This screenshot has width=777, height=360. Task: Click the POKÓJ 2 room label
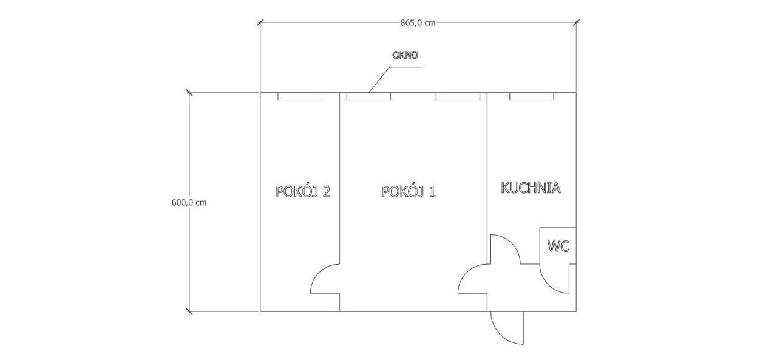(x=303, y=191)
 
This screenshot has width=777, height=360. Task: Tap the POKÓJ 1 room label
(x=409, y=191)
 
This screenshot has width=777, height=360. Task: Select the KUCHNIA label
(x=531, y=188)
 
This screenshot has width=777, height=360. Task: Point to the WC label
(x=558, y=246)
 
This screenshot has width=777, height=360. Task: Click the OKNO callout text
(x=405, y=55)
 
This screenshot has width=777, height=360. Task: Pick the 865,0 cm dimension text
(x=418, y=23)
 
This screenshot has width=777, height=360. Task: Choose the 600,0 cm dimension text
(x=189, y=203)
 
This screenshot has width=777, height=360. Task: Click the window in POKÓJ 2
(x=300, y=97)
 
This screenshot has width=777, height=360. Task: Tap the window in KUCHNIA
(x=531, y=97)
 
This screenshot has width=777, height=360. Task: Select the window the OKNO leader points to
(x=368, y=97)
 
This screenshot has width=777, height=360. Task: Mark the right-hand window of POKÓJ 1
(x=458, y=97)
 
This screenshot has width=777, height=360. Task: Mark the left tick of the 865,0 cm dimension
(x=260, y=23)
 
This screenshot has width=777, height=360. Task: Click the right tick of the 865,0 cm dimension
(x=576, y=23)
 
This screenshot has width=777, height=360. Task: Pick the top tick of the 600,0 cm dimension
(x=189, y=93)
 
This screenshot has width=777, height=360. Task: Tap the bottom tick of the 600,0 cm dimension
(x=189, y=311)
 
